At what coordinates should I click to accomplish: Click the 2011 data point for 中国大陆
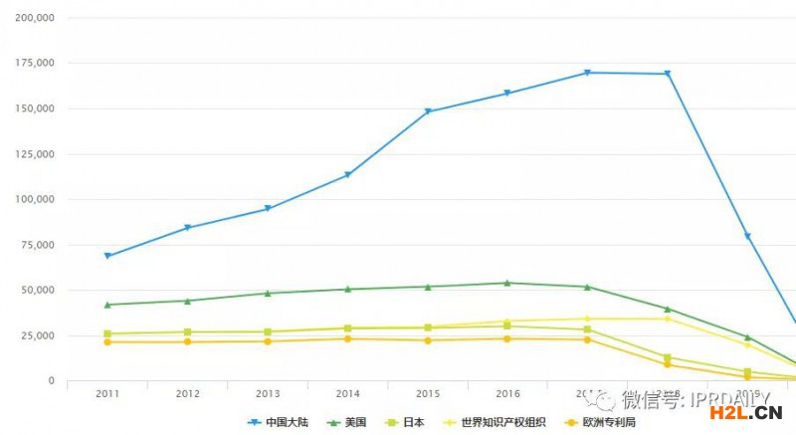click(107, 256)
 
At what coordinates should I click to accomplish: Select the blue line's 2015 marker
click(428, 111)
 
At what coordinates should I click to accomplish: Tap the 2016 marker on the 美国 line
click(507, 283)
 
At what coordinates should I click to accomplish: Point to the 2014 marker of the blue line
click(347, 175)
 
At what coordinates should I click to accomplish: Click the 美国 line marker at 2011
click(107, 305)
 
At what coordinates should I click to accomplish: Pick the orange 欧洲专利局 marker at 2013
click(268, 341)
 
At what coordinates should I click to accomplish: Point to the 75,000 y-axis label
click(37, 245)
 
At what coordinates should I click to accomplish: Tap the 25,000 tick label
click(37, 335)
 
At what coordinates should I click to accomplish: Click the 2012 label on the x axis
click(187, 394)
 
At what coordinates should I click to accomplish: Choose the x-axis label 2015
click(428, 394)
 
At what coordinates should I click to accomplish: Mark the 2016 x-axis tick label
click(507, 394)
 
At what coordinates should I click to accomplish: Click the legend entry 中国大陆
click(279, 422)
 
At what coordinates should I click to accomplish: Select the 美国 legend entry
click(346, 422)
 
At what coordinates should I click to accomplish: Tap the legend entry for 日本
click(408, 422)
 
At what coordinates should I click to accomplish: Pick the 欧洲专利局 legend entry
click(598, 422)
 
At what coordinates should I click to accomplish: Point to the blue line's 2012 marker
click(187, 228)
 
